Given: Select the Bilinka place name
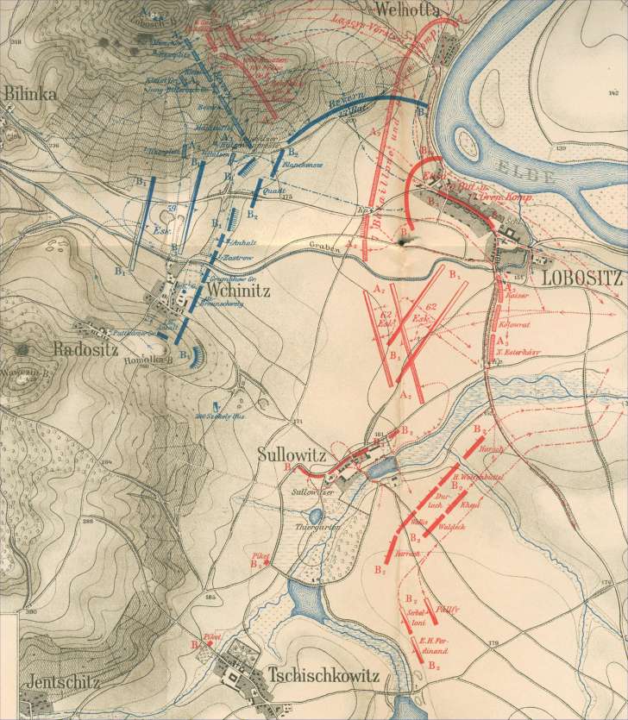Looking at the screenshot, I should tap(29, 93).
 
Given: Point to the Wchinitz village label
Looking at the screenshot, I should tap(239, 291).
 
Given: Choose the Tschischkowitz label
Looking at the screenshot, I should tap(323, 675).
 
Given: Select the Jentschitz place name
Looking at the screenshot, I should tap(62, 680).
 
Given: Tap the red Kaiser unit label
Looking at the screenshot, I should tap(518, 295).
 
